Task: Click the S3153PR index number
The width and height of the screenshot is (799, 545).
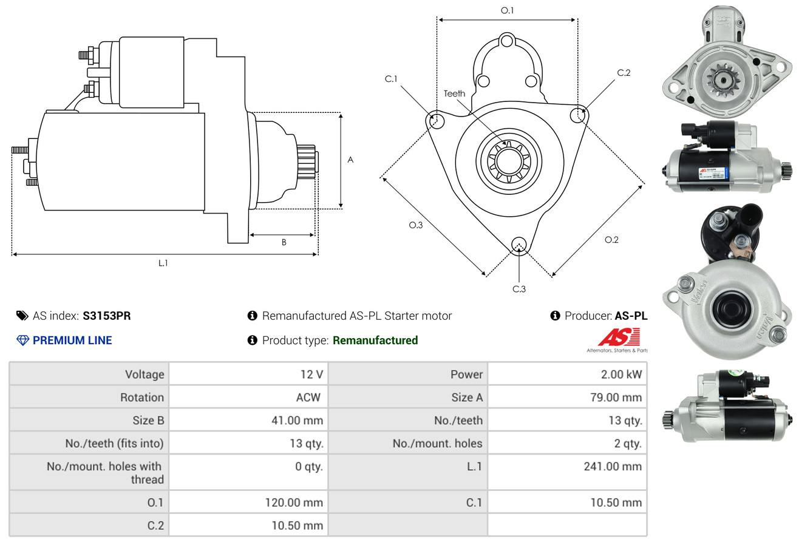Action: (x=107, y=316)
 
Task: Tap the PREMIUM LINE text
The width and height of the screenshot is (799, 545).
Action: (x=72, y=340)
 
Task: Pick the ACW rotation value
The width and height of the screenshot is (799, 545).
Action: (x=308, y=398)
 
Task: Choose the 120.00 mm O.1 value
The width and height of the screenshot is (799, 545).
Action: (x=294, y=503)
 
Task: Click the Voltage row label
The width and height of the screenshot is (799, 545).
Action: (x=144, y=374)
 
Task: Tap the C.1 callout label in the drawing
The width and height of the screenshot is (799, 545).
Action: (x=390, y=79)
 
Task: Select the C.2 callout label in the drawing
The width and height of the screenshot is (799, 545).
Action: (x=624, y=73)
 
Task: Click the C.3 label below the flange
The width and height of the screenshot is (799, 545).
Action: (x=519, y=289)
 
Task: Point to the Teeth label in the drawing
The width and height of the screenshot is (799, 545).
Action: (x=454, y=93)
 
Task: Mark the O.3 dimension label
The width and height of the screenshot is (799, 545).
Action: (x=415, y=225)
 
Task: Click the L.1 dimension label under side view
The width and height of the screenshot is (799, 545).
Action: (x=163, y=263)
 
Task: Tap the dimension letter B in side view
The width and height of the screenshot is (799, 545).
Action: (x=284, y=242)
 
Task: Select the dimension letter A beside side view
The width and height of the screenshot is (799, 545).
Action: (x=350, y=160)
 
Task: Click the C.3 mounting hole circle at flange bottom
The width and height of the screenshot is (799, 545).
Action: (x=519, y=245)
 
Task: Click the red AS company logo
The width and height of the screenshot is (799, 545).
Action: (x=619, y=337)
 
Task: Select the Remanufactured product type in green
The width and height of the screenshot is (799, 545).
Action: (x=375, y=340)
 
